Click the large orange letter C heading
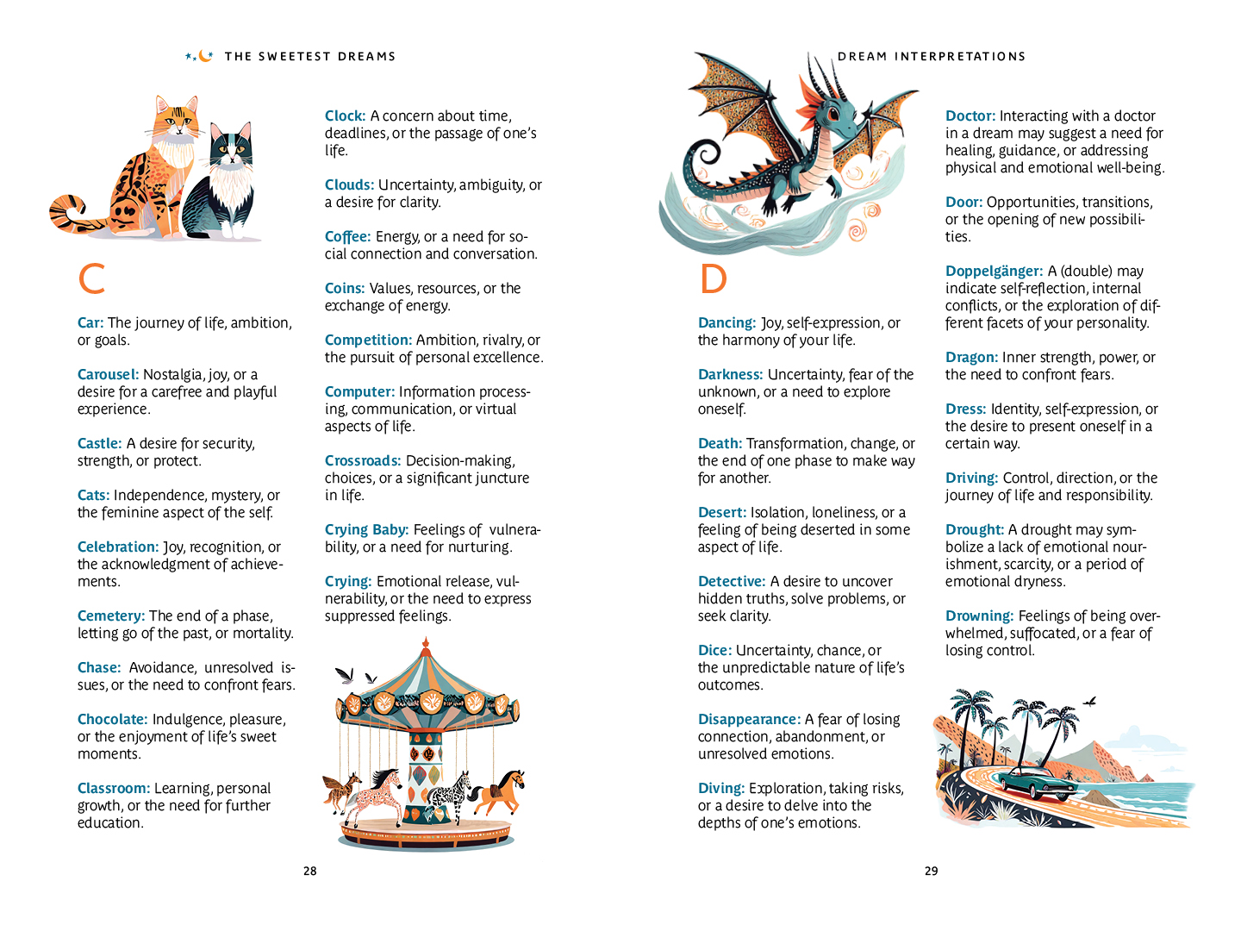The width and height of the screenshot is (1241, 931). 91,278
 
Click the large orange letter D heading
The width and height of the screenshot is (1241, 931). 713,278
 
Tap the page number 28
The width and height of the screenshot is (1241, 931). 309,871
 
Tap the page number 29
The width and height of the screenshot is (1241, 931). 931,871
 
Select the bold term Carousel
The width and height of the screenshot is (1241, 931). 108,374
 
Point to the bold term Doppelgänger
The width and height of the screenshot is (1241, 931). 994,271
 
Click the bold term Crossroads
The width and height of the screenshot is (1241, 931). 363,460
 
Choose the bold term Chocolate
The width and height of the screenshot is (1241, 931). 112,719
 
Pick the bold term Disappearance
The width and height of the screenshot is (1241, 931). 749,719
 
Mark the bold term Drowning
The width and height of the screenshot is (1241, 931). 979,615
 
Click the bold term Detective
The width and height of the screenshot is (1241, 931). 732,581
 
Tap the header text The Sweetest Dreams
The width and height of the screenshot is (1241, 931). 309,57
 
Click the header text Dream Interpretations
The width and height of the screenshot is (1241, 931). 932,57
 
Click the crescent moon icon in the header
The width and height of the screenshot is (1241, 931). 204,56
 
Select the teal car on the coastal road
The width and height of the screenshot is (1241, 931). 1030,780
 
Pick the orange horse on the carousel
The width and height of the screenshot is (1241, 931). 504,789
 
